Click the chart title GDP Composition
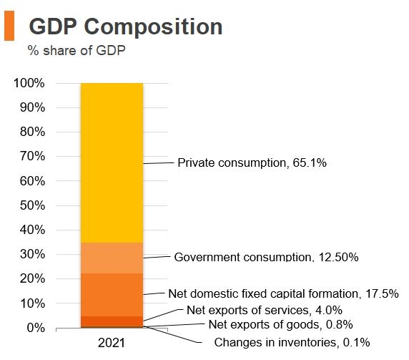pos(125,26)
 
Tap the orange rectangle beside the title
pos(9,26)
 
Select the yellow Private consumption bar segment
pos(112,162)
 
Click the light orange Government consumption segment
pos(112,258)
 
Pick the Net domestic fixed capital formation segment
pos(112,294)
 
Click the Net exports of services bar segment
pos(112,321)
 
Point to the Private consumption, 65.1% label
pos(252,163)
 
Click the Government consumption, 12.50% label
pos(266,256)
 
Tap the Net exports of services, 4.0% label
pos(264,310)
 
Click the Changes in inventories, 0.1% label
pos(292,343)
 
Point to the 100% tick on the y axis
pos(29,84)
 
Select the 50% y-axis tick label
pos(32,205)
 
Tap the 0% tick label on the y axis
pos(36,328)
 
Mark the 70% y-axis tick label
pos(32,157)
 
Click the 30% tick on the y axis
pos(32,255)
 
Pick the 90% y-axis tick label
pos(32,108)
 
